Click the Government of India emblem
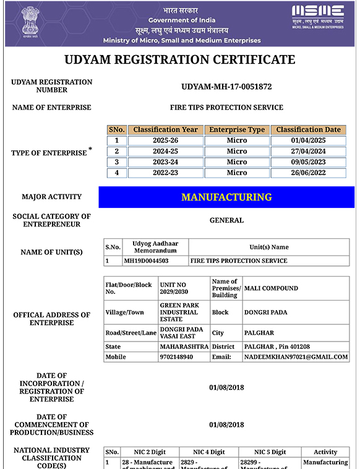tap(28, 22)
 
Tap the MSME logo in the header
tap(318, 16)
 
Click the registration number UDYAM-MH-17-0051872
tap(226, 87)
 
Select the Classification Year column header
tap(166, 130)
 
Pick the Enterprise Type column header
tap(237, 130)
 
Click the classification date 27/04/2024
tap(308, 152)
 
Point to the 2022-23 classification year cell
tap(166, 173)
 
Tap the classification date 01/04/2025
tap(308, 140)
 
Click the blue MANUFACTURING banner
tap(226, 197)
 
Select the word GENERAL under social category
tap(226, 220)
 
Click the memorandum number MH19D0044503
tap(146, 261)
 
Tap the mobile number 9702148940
tap(176, 357)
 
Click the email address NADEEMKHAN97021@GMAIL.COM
tap(296, 357)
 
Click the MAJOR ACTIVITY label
tap(51, 197)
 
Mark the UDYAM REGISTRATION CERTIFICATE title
tap(180, 60)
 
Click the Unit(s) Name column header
tap(268, 247)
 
